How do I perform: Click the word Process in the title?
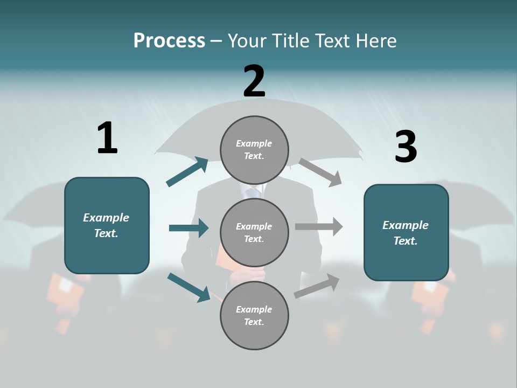pos(169,41)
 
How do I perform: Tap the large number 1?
pos(107,138)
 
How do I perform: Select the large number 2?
pos(254,81)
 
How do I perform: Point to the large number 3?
pos(406,147)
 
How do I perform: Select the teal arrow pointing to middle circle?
pos(188,228)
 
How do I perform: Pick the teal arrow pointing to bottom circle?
pos(188,287)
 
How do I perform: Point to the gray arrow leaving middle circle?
pos(318,227)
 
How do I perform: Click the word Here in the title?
pos(377,41)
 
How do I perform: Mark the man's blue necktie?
pos(253,193)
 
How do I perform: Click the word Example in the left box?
pos(106,218)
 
